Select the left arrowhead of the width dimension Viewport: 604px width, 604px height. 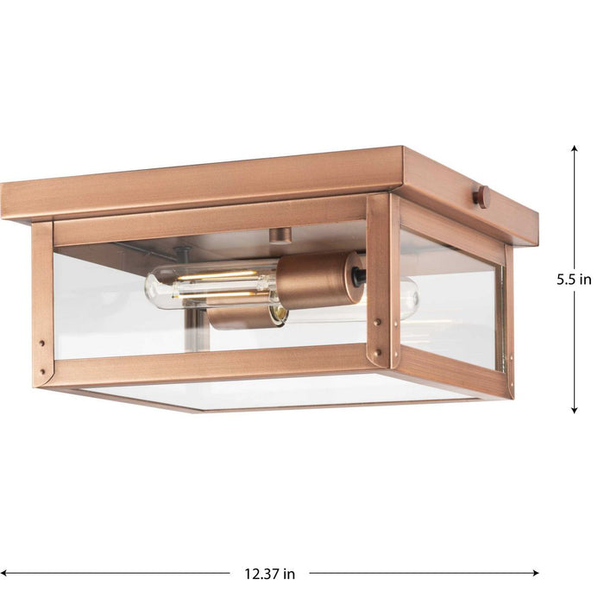(x=6, y=573)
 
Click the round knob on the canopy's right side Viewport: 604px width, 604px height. (x=481, y=196)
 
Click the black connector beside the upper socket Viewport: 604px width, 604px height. (x=357, y=277)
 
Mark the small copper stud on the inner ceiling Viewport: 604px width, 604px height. (x=278, y=236)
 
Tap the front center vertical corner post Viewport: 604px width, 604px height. (x=382, y=280)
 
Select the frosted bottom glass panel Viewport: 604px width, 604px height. (x=276, y=392)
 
